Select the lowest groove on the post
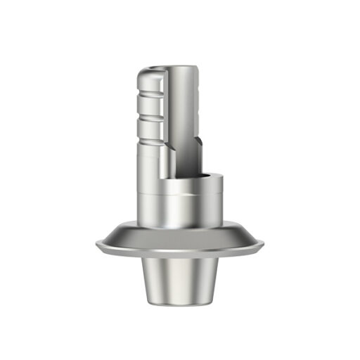click(x=150, y=133)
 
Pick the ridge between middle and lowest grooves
click(x=150, y=123)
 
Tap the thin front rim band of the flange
click(x=180, y=252)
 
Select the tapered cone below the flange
click(x=180, y=281)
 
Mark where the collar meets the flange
click(x=180, y=226)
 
